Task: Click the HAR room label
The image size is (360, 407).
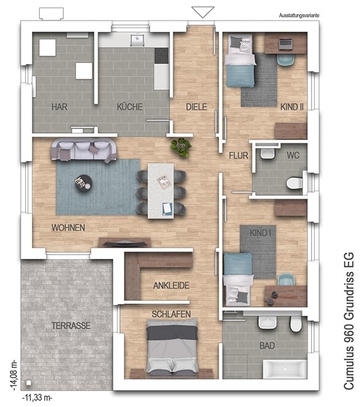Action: (x=59, y=106)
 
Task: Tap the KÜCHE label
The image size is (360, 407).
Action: (x=130, y=106)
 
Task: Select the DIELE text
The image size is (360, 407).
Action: (x=197, y=106)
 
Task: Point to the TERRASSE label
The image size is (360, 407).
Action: (x=71, y=326)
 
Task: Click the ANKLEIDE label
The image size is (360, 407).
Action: (x=171, y=286)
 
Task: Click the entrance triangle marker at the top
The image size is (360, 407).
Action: (x=203, y=12)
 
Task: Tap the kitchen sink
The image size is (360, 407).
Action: (x=137, y=40)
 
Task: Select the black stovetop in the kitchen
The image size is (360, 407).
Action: (x=162, y=56)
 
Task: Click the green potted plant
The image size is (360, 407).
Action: (x=181, y=147)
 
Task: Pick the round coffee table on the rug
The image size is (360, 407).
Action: (x=83, y=183)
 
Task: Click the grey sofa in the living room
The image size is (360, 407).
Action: (x=84, y=151)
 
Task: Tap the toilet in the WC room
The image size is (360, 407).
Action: (x=294, y=183)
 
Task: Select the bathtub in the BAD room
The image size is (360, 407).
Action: (x=285, y=369)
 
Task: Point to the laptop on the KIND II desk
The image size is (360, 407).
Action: (x=286, y=43)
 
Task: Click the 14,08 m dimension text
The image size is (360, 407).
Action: (x=14, y=375)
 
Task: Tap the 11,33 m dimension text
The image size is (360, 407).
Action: (x=37, y=397)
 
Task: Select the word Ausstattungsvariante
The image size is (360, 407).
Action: (x=299, y=15)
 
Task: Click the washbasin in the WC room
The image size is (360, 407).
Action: (x=268, y=153)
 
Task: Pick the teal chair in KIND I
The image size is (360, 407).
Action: (x=286, y=280)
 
